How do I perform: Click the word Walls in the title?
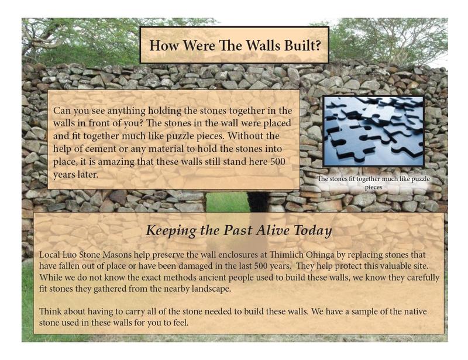click(263, 46)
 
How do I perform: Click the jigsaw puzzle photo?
click(373, 131)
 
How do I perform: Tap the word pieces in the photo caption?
click(373, 188)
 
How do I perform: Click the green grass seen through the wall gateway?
click(227, 202)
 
